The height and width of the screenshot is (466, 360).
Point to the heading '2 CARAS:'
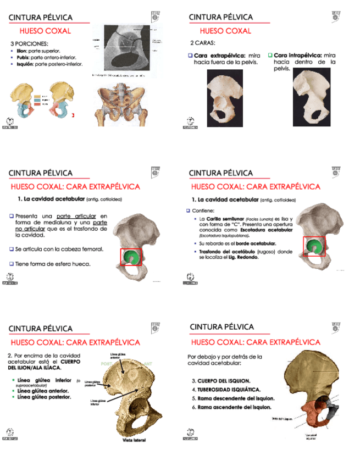coord(202,42)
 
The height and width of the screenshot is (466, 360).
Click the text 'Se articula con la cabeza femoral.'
coord(59,249)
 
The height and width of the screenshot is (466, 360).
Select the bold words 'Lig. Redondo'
coord(246,257)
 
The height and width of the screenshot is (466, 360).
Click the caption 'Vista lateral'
coord(134,440)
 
